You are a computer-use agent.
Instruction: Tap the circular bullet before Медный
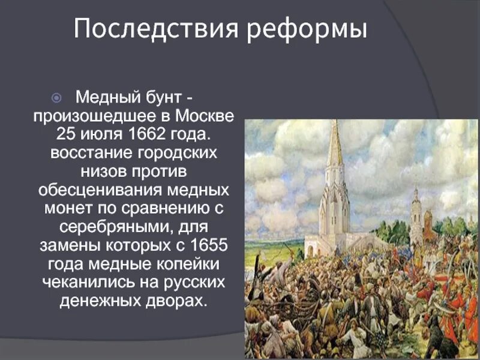pyautogui.click(x=56, y=97)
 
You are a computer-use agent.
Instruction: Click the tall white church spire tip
pyautogui.click(x=335, y=123)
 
